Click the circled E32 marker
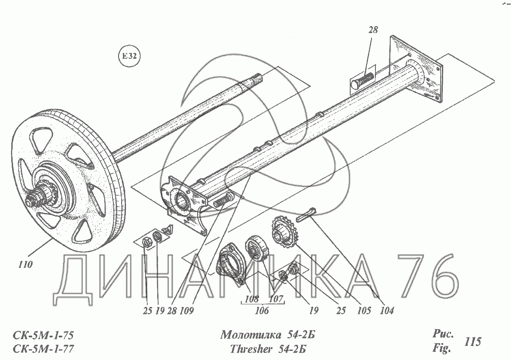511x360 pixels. pyautogui.click(x=129, y=56)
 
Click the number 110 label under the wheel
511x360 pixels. pyautogui.click(x=25, y=264)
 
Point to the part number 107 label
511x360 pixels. pyautogui.click(x=275, y=298)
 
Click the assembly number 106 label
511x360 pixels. pyautogui.click(x=262, y=310)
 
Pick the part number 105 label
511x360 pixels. pyautogui.click(x=363, y=310)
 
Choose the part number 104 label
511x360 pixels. pyautogui.click(x=387, y=310)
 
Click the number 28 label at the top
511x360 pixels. pyautogui.click(x=373, y=30)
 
